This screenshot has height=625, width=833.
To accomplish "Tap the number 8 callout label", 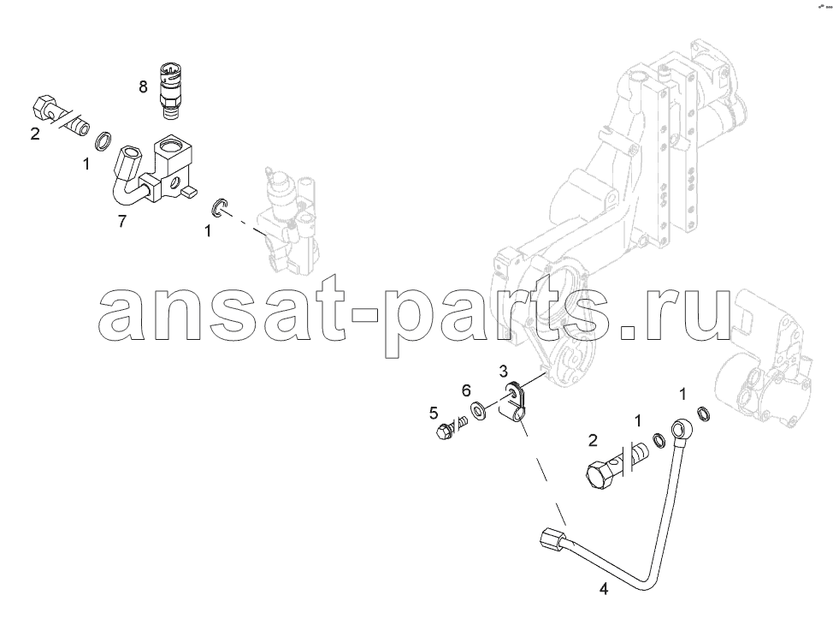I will tap(144, 86).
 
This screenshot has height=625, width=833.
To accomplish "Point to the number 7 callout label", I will tap(121, 221).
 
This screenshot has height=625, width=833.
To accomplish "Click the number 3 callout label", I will tap(504, 371).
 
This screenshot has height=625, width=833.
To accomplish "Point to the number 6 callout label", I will tap(466, 390).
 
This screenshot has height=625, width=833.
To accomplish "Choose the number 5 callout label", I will tap(434, 412).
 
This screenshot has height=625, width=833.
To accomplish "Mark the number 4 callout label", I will tap(603, 589).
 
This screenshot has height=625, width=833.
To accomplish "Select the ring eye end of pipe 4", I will tap(678, 426).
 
